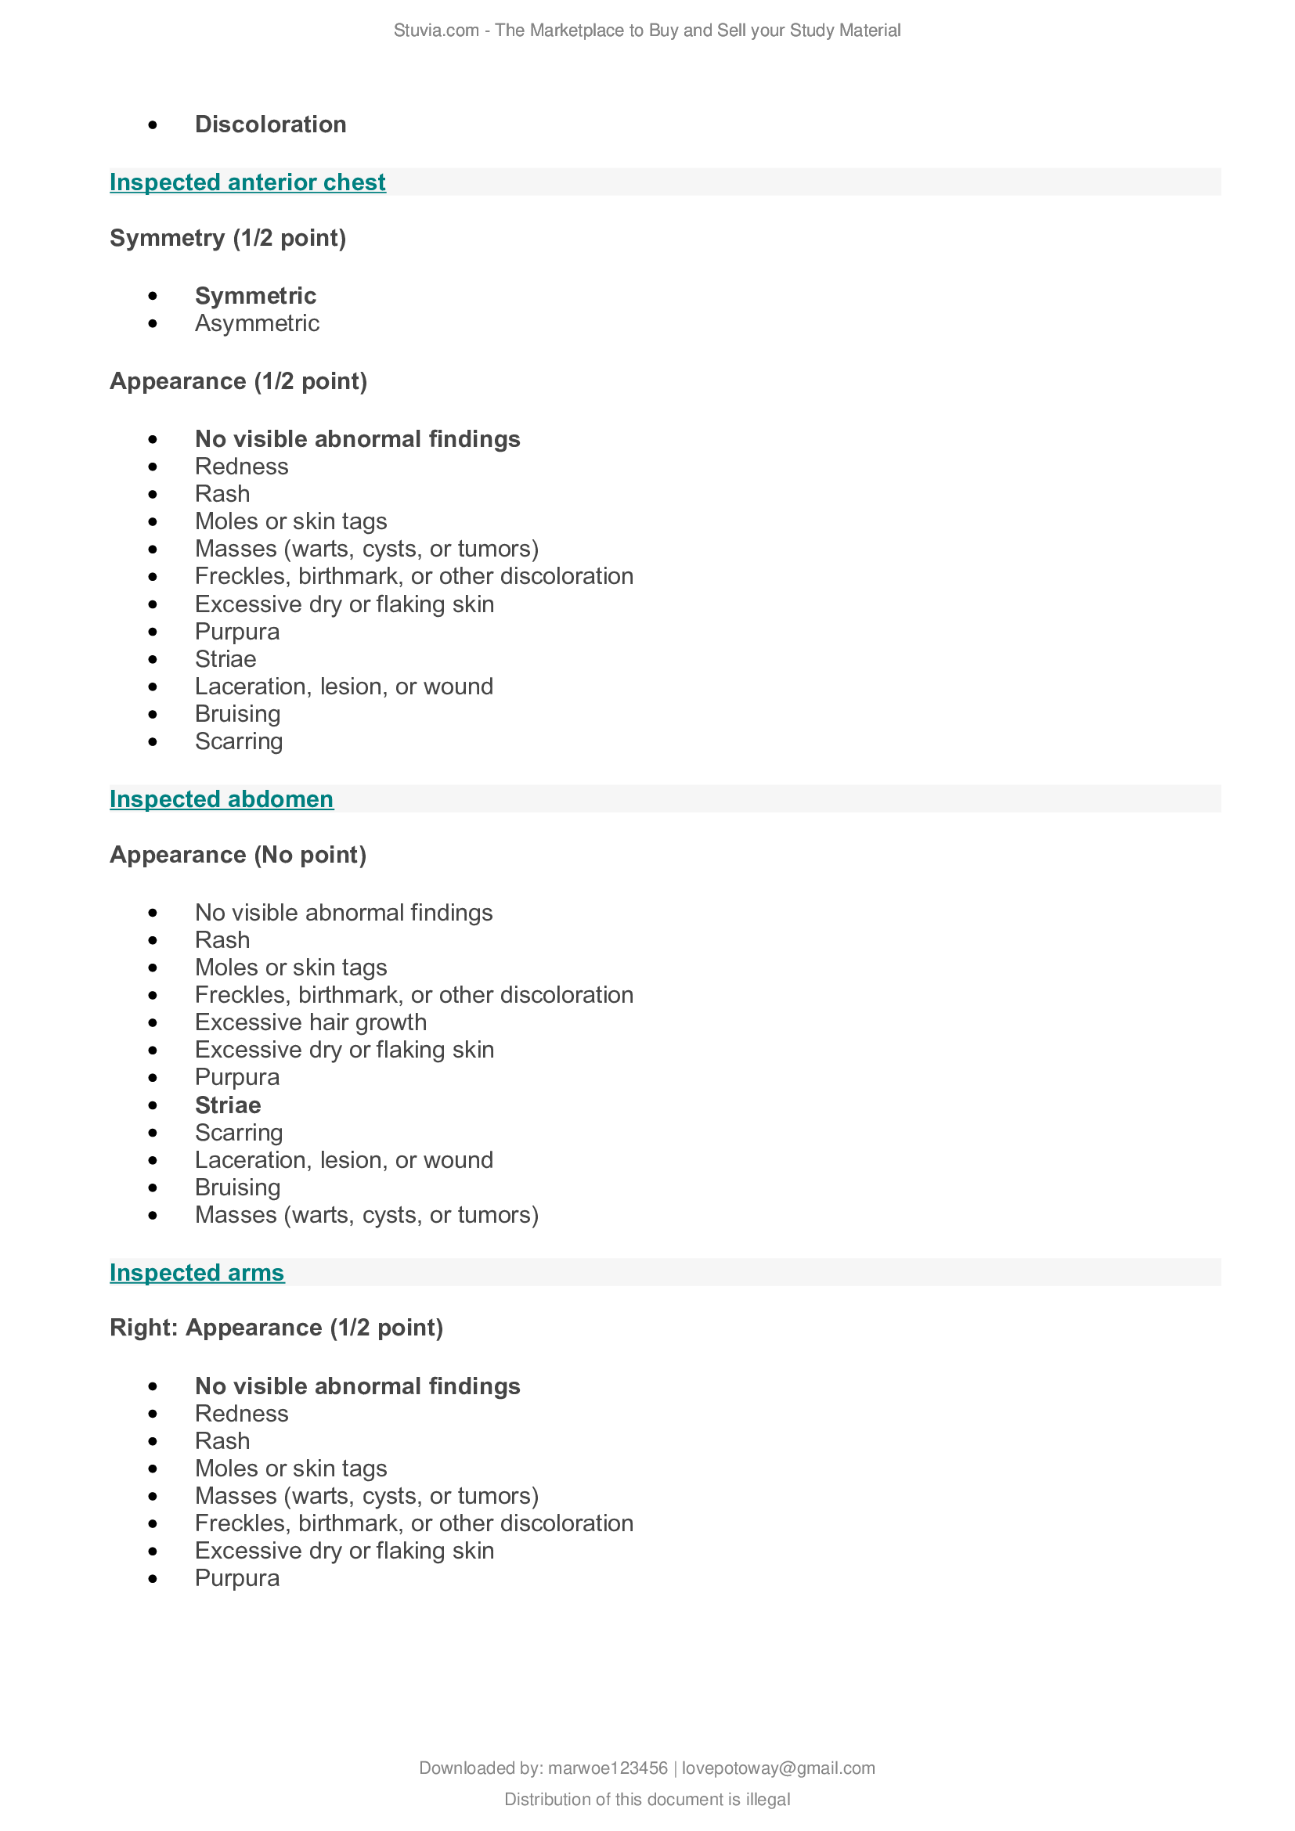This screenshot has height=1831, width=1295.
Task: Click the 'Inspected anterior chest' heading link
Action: [247, 182]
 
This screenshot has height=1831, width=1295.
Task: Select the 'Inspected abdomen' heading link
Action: [222, 799]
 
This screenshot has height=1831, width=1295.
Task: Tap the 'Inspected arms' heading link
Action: [197, 1273]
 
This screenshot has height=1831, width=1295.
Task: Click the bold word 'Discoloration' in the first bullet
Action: [270, 124]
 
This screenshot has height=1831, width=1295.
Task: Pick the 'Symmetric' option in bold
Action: [255, 296]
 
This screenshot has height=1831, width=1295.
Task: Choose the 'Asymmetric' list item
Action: [257, 323]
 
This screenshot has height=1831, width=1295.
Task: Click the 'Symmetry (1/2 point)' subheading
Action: [228, 239]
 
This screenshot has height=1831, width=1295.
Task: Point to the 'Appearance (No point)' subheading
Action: [238, 855]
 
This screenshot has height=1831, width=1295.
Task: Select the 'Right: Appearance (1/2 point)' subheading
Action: [276, 1328]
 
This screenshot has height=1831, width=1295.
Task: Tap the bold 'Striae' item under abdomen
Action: [228, 1105]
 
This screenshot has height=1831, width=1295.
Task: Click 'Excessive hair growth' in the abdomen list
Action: [311, 1022]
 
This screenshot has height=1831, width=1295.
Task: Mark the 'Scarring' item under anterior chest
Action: [240, 741]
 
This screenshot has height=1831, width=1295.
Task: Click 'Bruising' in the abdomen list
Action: [238, 1188]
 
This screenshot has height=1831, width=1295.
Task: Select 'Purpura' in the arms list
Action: [238, 1578]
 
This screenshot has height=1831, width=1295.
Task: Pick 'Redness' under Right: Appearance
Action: [242, 1414]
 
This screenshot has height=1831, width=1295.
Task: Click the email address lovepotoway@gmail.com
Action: [778, 1768]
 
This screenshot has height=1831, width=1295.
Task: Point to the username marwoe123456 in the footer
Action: [608, 1768]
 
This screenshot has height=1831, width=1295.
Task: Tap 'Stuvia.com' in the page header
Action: [435, 31]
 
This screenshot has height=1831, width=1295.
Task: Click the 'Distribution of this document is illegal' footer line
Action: [647, 1799]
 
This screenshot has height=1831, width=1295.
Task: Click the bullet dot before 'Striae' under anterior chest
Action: [153, 659]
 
